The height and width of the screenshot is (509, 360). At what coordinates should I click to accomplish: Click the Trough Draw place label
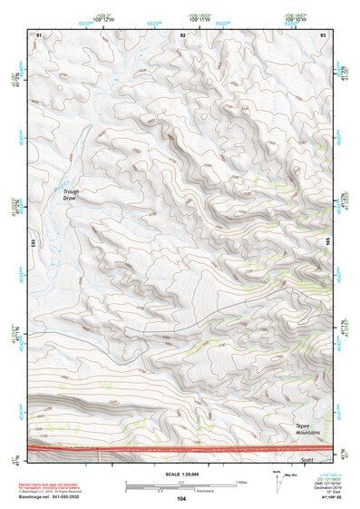tap(73, 194)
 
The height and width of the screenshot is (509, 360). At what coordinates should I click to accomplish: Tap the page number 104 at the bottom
tap(181, 499)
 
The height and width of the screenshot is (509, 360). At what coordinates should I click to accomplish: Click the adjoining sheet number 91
tap(38, 34)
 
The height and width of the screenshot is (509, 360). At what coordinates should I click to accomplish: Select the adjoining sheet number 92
tap(183, 34)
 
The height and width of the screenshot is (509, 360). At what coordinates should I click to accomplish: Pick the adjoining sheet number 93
tap(323, 34)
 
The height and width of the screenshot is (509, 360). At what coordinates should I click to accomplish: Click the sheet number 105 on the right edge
tap(328, 241)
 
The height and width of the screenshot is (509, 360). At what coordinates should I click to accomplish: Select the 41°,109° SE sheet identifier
tap(323, 498)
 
